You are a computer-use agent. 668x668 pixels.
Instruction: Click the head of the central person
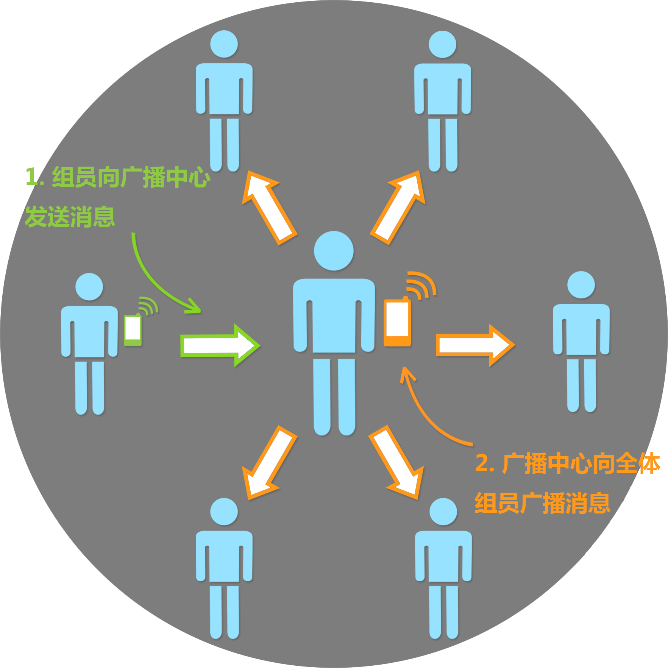(334, 251)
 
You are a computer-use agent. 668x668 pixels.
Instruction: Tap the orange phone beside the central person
(397, 322)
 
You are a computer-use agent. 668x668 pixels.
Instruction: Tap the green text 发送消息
(70, 217)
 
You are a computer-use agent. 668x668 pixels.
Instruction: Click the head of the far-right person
(581, 285)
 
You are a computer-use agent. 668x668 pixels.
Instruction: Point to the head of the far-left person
(89, 287)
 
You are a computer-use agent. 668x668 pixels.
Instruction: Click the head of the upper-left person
(224, 44)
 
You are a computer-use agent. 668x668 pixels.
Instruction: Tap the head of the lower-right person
(443, 512)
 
